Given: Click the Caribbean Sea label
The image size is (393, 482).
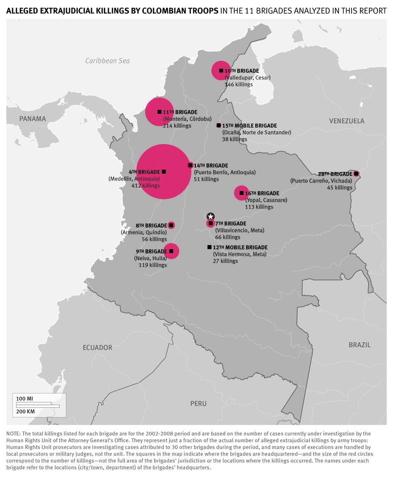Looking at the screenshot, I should coord(108,61).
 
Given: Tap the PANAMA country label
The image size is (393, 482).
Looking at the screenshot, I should coord(33,119).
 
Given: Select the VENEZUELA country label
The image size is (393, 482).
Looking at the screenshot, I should coord(347,121).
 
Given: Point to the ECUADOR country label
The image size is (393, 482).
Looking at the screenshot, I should coord(97,347).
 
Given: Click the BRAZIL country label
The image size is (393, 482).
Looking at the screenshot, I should coord(360,345).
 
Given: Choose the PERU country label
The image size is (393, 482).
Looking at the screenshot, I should coord(199,403).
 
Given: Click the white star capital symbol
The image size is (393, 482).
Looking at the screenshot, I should coord(211,216).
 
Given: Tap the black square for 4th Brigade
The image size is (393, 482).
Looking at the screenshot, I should coord(164,172).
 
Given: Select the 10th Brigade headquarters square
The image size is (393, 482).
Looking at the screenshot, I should coord(221,71).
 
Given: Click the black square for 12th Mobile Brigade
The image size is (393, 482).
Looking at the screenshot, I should coord(209,247).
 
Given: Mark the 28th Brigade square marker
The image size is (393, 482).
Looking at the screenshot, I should coord(356,174).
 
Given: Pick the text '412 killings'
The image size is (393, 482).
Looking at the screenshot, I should coord(145,186).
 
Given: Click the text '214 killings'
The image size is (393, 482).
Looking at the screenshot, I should coord(177,126).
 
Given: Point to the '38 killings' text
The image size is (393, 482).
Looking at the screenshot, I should coord(235,139).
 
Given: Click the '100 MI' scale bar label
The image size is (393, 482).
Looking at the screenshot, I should coord(25,398).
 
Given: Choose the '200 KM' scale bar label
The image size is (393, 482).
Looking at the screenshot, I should coord(25,411).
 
